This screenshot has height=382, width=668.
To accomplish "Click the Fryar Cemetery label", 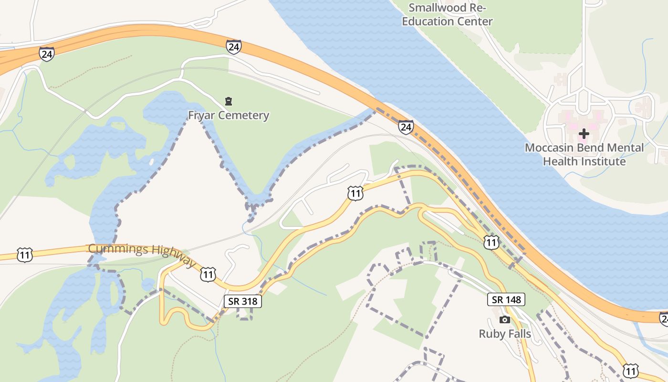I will pyautogui.click(x=229, y=116).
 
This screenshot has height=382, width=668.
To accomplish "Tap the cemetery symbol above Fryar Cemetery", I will pyautogui.click(x=229, y=101).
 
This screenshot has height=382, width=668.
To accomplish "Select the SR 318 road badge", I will pyautogui.click(x=243, y=301).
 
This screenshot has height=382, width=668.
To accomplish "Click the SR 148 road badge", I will pyautogui.click(x=506, y=299).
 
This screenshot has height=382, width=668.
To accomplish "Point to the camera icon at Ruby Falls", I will pyautogui.click(x=504, y=319).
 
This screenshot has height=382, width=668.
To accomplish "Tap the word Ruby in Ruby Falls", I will pyautogui.click(x=491, y=333).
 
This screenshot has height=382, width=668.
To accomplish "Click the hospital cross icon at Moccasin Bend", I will pyautogui.click(x=584, y=134).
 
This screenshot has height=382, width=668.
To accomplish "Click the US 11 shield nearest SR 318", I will pyautogui.click(x=208, y=275).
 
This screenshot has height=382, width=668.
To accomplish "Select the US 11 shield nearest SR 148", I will pyautogui.click(x=491, y=242).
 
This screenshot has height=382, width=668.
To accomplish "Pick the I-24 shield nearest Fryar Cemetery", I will pyautogui.click(x=233, y=47).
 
